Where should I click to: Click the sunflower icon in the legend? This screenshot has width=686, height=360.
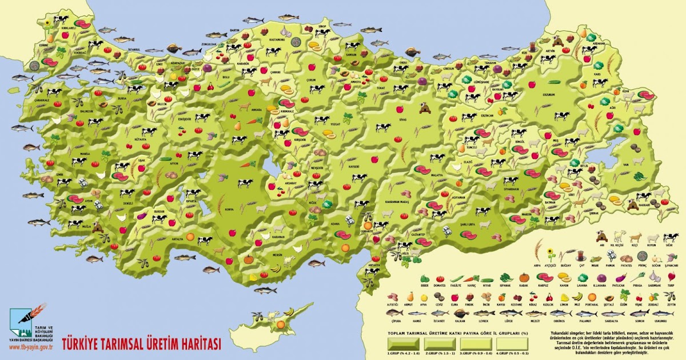click(551, 253)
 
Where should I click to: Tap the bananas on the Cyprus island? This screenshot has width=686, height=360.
click(289, 311)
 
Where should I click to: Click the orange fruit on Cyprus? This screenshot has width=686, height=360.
click(280, 324)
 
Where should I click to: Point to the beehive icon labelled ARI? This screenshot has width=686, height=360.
click(600, 235)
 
